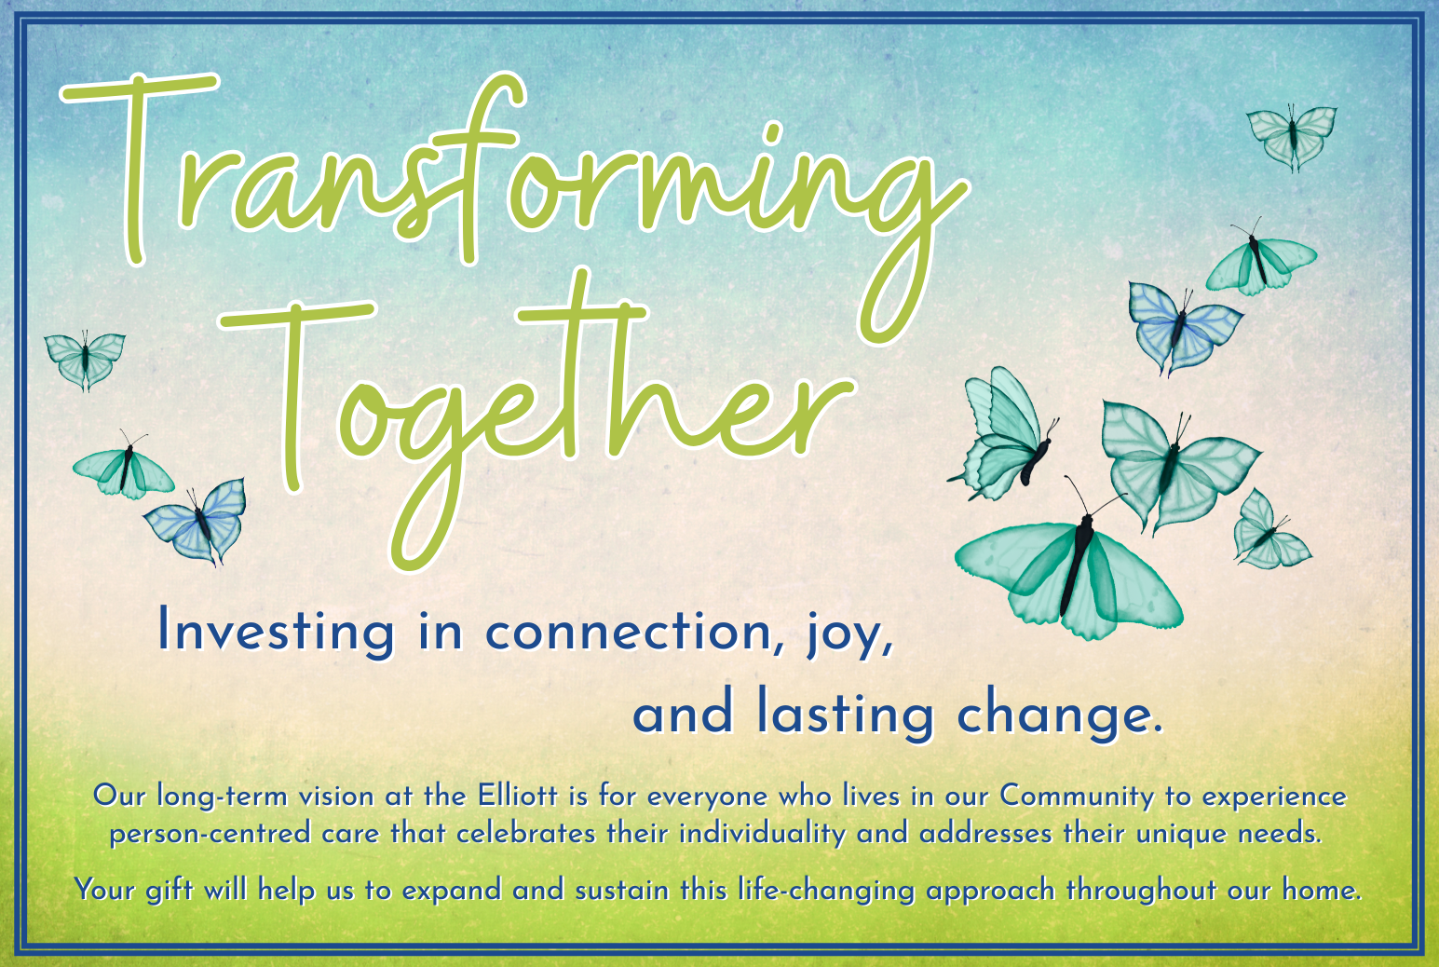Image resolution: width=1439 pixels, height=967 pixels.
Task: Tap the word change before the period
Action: coord(1053,714)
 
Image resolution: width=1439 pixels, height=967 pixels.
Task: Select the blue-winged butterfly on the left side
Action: coord(196,522)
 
